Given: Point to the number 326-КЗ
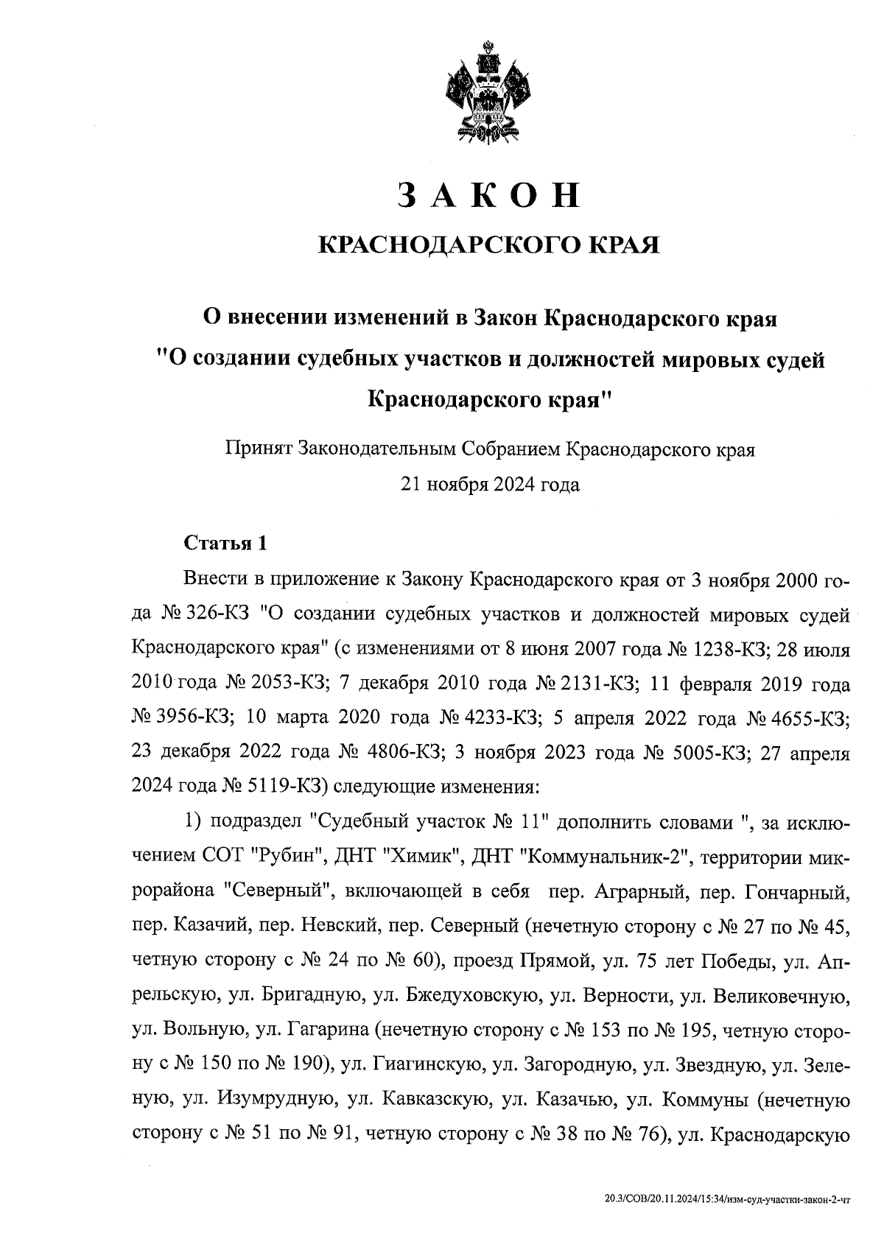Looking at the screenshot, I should [x=220, y=614].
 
